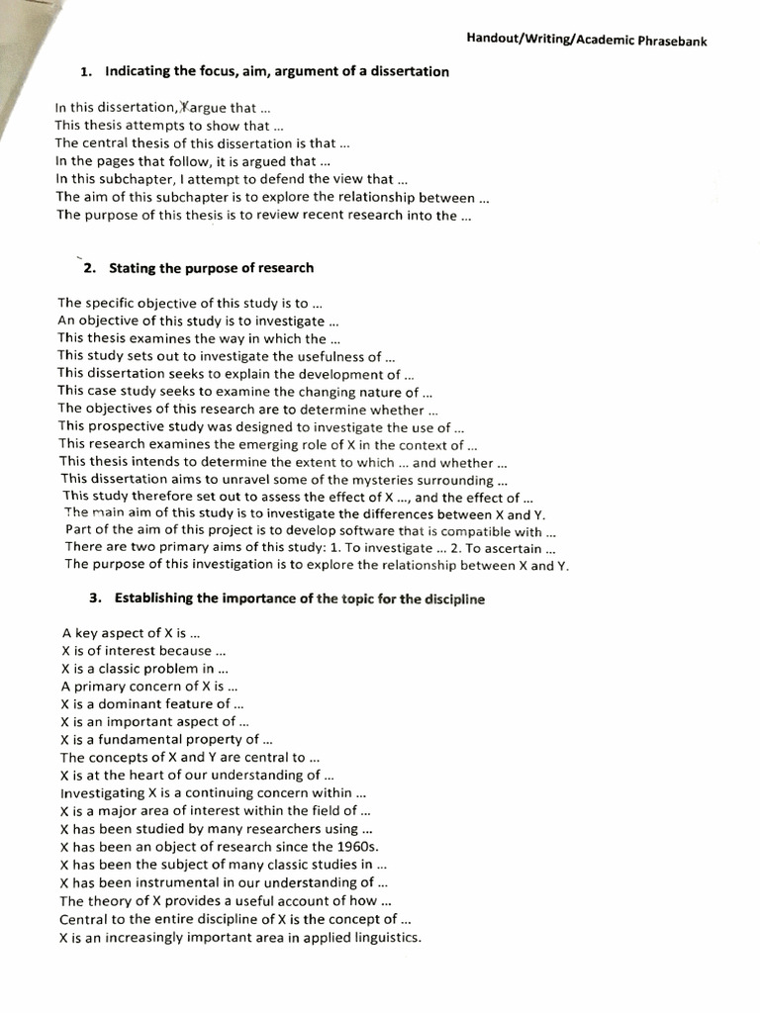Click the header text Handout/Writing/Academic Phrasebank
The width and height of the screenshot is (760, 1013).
click(x=587, y=41)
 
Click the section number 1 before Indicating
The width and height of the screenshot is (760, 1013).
click(x=85, y=71)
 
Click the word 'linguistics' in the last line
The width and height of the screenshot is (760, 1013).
click(x=384, y=937)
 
